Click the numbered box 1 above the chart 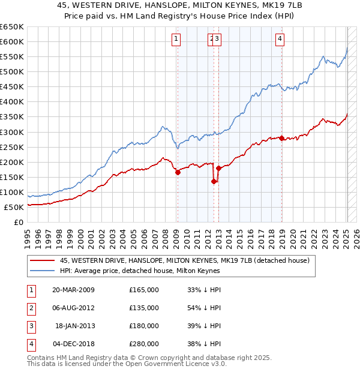tap(176, 40)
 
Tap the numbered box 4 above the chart tap(280, 40)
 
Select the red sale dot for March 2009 tap(178, 172)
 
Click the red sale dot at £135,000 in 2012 tap(213, 181)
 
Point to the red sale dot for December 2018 tap(281, 138)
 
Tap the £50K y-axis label tap(14, 207)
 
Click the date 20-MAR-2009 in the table tap(74, 290)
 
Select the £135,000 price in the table tap(144, 308)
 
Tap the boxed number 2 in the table tap(30, 308)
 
